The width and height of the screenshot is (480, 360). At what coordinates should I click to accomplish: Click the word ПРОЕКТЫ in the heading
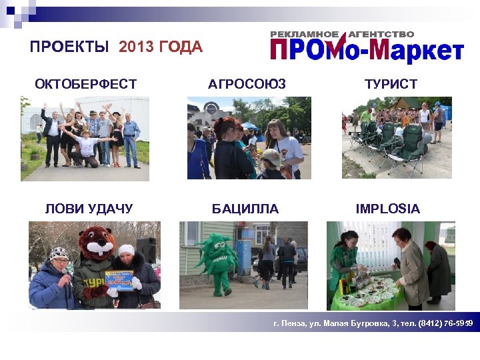(69, 47)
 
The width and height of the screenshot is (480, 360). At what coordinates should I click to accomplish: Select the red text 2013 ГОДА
(160, 47)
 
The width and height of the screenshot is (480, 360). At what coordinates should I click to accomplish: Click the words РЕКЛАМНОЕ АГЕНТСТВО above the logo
(341, 33)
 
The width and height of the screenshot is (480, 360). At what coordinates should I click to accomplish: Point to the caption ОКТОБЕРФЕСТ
(85, 84)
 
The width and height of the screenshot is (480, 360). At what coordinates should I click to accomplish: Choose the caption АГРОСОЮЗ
(247, 84)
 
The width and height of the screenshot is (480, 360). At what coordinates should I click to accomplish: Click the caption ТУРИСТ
(391, 84)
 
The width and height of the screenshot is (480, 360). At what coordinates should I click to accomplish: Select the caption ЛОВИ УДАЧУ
(89, 209)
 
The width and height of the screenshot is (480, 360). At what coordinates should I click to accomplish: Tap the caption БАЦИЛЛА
(245, 209)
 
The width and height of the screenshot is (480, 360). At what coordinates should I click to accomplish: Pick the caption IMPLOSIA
(387, 209)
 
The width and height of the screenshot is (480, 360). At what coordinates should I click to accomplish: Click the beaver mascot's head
(97, 243)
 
